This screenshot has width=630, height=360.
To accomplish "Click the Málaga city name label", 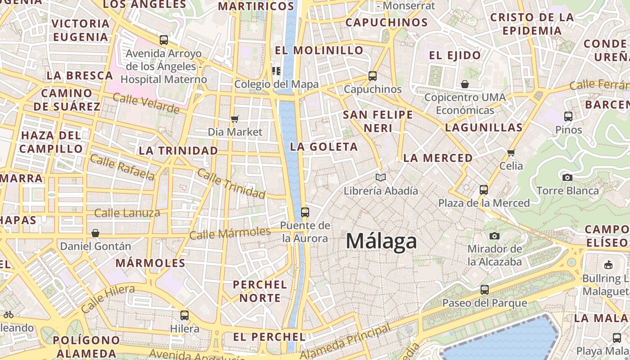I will [381, 242].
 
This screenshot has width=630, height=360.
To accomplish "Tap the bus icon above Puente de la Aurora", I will [305, 212].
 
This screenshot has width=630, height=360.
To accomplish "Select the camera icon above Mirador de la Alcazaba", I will [495, 236].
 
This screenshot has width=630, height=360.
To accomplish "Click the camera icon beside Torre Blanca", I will [567, 177].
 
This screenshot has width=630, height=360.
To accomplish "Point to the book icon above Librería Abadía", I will [381, 177].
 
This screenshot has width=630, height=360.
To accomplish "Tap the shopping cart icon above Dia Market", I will [234, 119].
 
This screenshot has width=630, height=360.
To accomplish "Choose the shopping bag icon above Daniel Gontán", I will [95, 233].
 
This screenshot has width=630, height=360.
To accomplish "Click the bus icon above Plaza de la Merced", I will [484, 190].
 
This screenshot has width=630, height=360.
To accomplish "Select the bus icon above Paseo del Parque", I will [485, 290].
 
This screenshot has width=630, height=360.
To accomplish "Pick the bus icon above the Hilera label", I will [184, 315].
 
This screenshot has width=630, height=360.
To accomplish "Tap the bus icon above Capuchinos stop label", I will [373, 76].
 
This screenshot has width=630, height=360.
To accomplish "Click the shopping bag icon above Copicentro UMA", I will [465, 84].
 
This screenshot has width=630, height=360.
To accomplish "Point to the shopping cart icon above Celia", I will [511, 153].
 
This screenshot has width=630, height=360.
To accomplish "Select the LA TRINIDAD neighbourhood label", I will [179, 151].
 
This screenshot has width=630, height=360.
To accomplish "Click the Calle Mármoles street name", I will [230, 234].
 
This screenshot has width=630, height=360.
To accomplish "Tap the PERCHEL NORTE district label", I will [260, 291].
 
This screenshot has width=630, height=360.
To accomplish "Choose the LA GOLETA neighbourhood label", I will [324, 147].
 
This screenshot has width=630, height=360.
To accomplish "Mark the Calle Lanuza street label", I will [127, 213].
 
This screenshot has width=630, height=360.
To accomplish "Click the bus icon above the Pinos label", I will [568, 117].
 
